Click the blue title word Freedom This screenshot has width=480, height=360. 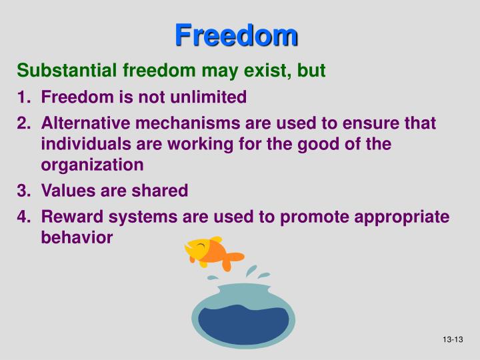237,35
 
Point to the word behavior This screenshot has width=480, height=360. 77,237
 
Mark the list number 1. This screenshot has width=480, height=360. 22,97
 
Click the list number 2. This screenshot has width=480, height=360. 22,124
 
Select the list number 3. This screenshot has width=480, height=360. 22,191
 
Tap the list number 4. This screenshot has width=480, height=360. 22,217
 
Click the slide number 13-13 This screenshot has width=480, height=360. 452,341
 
